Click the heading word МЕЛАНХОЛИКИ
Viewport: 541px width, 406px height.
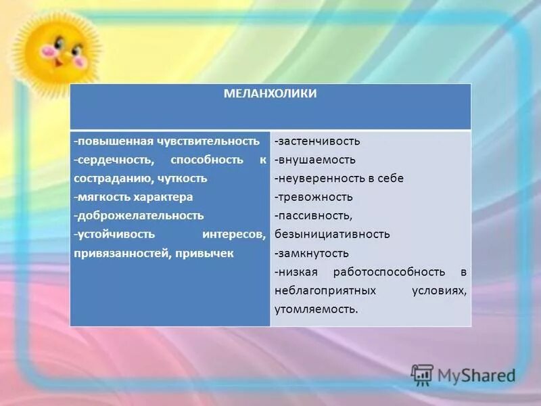point(270,94)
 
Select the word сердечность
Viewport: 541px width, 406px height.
point(115,160)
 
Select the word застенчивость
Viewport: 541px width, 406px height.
point(318,141)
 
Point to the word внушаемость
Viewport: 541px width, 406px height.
point(315,160)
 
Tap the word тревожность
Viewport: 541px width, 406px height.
point(314,197)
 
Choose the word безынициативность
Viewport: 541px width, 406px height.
point(332,234)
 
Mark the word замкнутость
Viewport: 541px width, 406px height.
point(312,253)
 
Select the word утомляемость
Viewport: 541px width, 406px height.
point(316,309)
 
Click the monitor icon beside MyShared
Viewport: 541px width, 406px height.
point(422,375)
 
